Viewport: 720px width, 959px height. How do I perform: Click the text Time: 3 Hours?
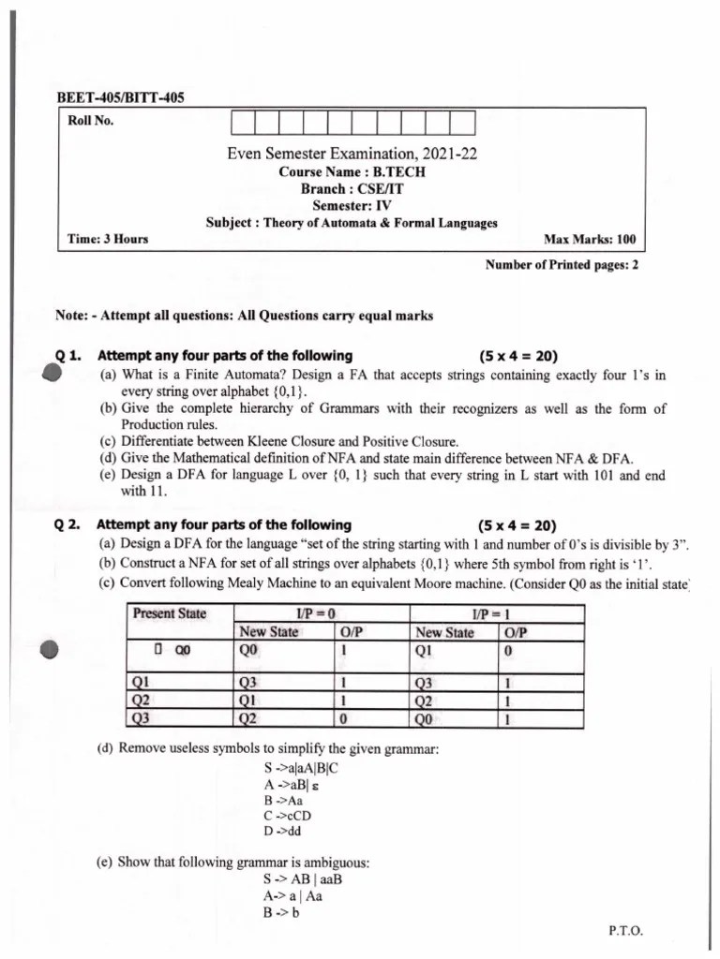(x=109, y=240)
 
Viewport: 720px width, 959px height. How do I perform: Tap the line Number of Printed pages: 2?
(x=561, y=265)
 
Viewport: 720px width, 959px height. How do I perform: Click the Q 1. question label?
(x=70, y=356)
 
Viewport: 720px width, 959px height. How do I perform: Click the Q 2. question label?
(x=70, y=524)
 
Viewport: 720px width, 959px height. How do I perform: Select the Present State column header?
(x=170, y=614)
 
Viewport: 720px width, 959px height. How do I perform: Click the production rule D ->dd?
(x=283, y=830)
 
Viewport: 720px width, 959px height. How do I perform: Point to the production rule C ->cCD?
(x=287, y=815)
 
